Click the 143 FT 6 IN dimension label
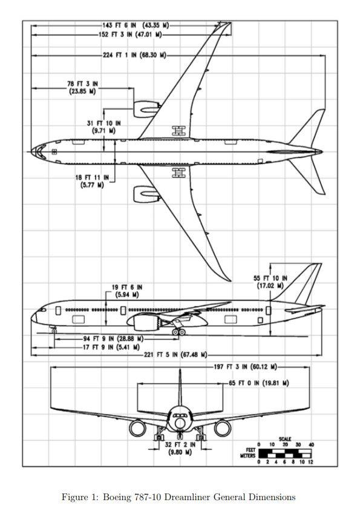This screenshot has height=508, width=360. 135,25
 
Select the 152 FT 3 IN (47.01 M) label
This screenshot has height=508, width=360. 129,35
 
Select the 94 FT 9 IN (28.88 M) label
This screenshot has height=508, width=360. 113,338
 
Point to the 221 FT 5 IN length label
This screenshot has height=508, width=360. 175,355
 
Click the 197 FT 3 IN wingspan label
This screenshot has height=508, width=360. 245,367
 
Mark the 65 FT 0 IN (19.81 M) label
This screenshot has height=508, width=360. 258,383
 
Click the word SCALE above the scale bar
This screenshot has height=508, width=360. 285,439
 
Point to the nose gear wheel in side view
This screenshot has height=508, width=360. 54,331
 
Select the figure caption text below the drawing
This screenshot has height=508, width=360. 178,496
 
